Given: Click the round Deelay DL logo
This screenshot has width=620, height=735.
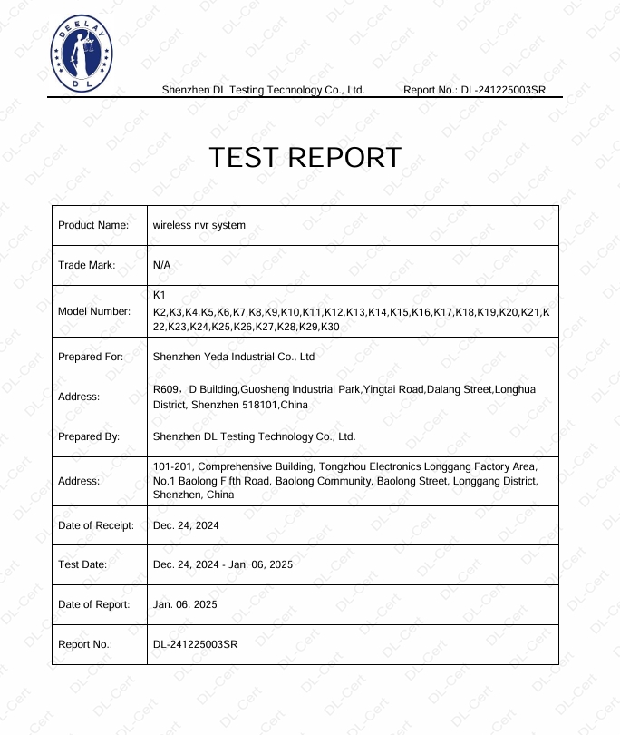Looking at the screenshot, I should (x=81, y=54).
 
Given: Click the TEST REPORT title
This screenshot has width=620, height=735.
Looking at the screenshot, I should (x=305, y=158).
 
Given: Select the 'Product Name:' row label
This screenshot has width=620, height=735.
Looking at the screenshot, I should (x=93, y=225).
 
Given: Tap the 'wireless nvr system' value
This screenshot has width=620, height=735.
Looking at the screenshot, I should (x=199, y=225).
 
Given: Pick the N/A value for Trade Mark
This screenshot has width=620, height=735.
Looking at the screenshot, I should (x=162, y=265).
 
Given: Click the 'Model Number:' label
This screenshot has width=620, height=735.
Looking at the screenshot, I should (x=94, y=311).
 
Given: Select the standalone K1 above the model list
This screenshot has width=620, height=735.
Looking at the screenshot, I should (x=160, y=296).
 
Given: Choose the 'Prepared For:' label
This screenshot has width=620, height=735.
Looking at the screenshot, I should (x=91, y=357).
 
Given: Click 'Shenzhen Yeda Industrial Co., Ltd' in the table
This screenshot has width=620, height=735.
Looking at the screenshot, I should (x=234, y=357).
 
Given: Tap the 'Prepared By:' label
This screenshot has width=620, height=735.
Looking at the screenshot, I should (x=89, y=436).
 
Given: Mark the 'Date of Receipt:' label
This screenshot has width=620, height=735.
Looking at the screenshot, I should (x=96, y=525).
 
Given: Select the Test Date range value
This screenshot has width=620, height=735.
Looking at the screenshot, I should (x=223, y=564).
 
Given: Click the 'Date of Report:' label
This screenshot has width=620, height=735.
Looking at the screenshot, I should (x=94, y=604).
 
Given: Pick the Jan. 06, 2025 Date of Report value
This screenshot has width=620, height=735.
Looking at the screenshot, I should (x=186, y=604).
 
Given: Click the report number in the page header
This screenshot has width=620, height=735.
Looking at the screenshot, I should (x=503, y=90).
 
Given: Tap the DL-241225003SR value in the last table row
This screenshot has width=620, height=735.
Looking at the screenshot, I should (x=196, y=644).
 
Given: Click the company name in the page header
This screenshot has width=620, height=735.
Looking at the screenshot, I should (x=263, y=90).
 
